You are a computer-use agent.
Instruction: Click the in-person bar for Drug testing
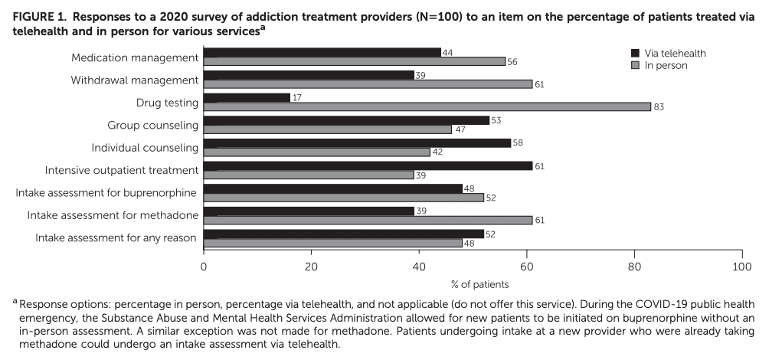click(x=427, y=106)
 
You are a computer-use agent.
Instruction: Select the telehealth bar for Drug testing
click(x=247, y=97)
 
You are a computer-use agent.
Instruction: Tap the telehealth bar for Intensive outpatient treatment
click(x=368, y=165)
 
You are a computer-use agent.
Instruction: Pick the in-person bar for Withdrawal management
click(x=368, y=83)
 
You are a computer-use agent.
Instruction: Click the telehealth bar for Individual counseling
click(x=357, y=142)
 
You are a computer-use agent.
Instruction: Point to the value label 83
click(x=659, y=106)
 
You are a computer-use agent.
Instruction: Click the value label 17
click(x=298, y=97)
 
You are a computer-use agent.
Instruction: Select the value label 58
click(x=518, y=142)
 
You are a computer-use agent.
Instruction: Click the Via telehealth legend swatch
click(x=634, y=53)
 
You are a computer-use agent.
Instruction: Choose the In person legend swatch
click(x=634, y=65)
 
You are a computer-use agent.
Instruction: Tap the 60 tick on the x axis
click(x=526, y=266)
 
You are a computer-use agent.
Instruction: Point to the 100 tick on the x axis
click(x=741, y=266)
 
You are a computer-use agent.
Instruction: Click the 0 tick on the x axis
click(x=204, y=266)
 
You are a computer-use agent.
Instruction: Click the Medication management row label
click(x=135, y=57)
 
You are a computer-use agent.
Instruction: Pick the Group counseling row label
click(x=153, y=125)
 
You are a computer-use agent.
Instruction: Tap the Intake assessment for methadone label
click(x=113, y=215)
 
